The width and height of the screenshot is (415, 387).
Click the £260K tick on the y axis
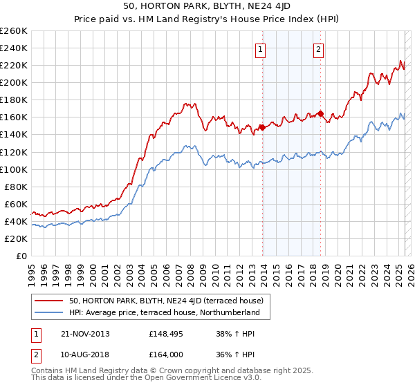14,31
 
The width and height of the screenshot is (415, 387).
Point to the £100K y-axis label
14,169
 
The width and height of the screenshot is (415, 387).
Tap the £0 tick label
21,256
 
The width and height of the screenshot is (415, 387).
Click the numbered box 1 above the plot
260,49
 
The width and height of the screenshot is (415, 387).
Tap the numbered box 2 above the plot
318,49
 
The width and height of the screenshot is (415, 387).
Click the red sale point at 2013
263,127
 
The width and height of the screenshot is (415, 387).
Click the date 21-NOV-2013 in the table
86,334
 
